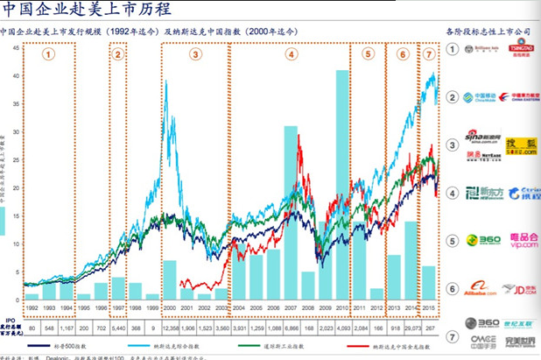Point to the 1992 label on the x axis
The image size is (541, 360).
click(32, 309)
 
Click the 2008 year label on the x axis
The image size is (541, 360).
click(307, 309)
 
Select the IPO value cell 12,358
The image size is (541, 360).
click(171, 327)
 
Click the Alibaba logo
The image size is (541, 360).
click(479, 287)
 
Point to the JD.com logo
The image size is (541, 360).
click(520, 287)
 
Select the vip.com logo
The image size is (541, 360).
click(520, 240)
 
